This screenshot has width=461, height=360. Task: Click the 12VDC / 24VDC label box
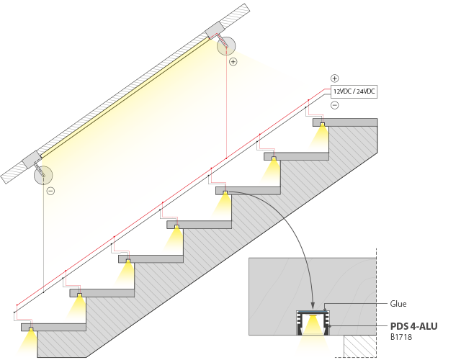354,91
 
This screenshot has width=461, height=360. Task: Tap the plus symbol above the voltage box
334,78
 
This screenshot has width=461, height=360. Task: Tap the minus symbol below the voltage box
334,105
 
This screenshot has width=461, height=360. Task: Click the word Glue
398,304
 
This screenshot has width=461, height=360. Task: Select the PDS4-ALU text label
413,325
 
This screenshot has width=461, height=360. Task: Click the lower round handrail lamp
44,174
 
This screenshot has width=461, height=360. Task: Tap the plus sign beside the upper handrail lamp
233,62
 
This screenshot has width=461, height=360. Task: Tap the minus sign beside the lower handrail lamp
50,191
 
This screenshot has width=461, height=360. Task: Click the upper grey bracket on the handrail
215,31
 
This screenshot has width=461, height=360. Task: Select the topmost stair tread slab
346,122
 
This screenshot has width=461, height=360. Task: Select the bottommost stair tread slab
54,327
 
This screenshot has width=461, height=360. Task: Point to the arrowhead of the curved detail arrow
313,307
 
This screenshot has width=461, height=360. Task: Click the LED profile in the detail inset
313,323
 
